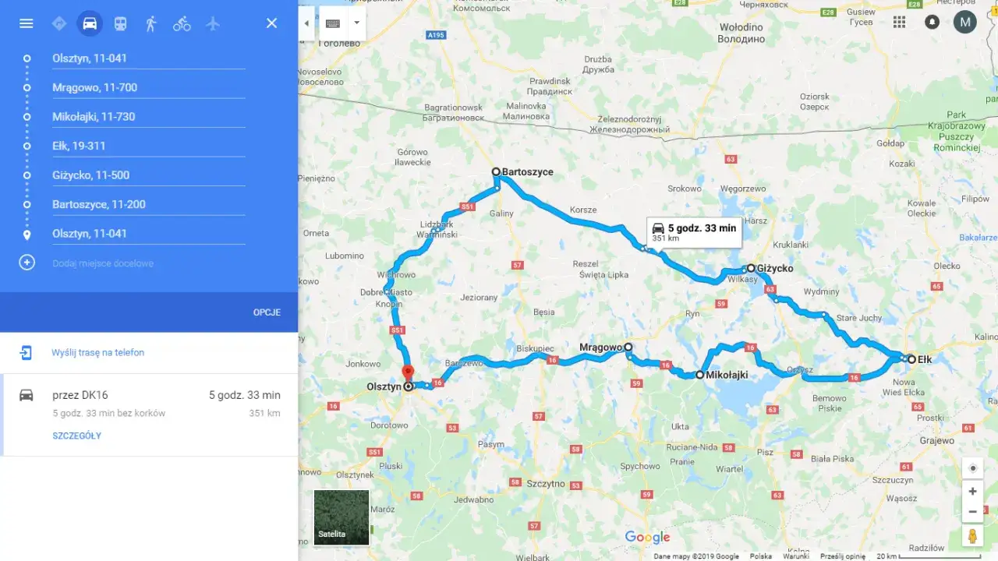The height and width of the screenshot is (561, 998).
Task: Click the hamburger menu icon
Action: [26, 23]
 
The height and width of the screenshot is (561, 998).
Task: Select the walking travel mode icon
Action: [150, 23]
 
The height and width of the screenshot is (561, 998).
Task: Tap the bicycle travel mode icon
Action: [182, 23]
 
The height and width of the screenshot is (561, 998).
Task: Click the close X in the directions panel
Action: [271, 23]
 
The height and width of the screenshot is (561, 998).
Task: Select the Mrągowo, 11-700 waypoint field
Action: [148, 87]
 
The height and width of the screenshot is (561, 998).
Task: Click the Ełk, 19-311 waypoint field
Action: [148, 146]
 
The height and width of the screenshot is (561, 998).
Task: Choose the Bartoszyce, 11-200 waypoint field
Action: [148, 204]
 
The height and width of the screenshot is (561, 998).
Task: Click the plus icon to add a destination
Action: [27, 263]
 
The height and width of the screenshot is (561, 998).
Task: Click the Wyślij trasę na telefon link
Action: [98, 352]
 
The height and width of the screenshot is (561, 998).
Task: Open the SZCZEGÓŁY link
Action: [76, 436]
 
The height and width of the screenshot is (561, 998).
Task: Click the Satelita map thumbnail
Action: [342, 517]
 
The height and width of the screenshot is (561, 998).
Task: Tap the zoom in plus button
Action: [972, 492]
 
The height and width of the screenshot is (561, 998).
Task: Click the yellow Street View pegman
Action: [972, 536]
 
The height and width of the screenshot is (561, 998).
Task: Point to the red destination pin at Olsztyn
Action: [407, 372]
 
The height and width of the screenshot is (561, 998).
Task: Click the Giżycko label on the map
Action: [775, 268]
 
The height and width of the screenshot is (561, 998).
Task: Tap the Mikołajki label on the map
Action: [727, 375]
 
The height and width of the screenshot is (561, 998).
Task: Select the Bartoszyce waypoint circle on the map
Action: [496, 171]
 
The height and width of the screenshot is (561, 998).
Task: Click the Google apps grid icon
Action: [899, 22]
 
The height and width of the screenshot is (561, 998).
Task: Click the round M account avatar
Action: [964, 22]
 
